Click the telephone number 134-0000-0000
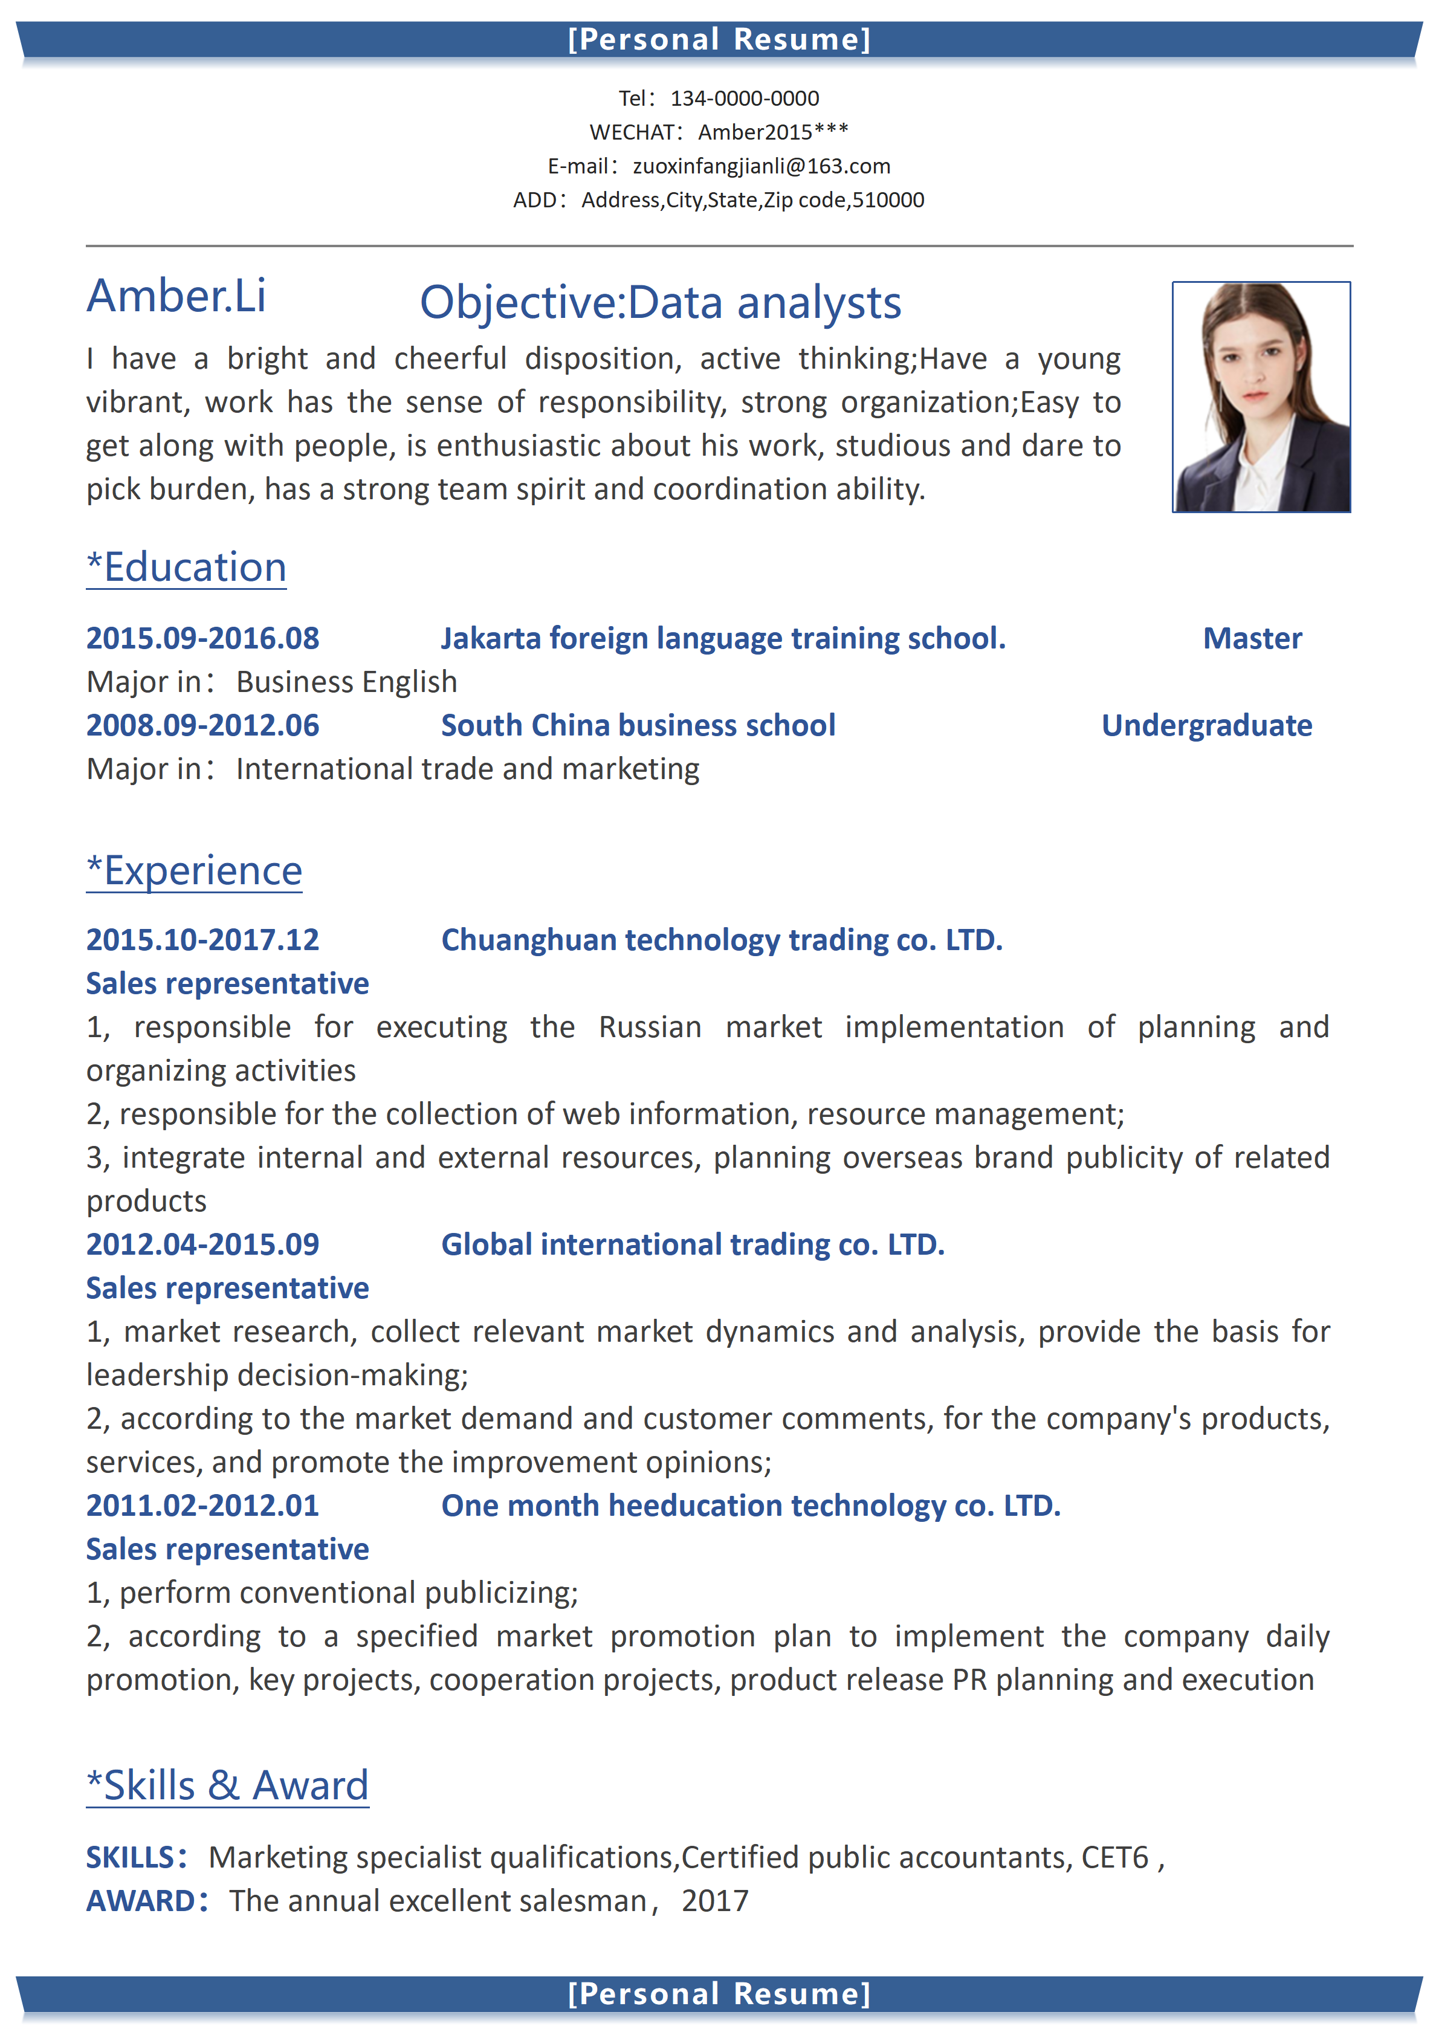(x=745, y=99)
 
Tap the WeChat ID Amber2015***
(x=772, y=132)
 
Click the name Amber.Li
(x=176, y=296)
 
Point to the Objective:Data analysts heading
(x=660, y=303)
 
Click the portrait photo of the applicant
(x=1261, y=397)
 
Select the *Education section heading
(x=187, y=568)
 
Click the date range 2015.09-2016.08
(x=203, y=638)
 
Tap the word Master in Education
(x=1252, y=638)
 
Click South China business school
(x=638, y=726)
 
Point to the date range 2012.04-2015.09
(x=203, y=1244)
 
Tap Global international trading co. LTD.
(x=693, y=1244)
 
